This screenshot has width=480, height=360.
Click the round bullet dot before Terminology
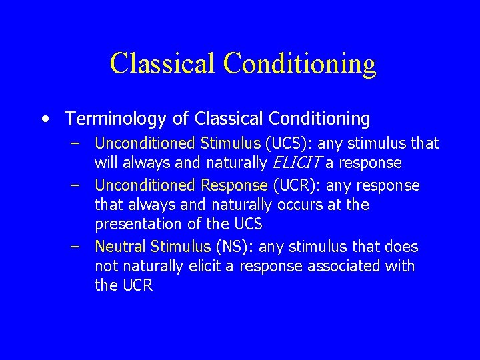[44, 120]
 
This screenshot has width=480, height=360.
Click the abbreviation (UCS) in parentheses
[287, 143]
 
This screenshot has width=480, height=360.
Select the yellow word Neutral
[121, 247]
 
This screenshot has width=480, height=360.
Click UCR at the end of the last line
[138, 287]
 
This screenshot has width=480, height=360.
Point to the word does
[401, 247]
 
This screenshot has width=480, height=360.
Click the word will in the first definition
[106, 163]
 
